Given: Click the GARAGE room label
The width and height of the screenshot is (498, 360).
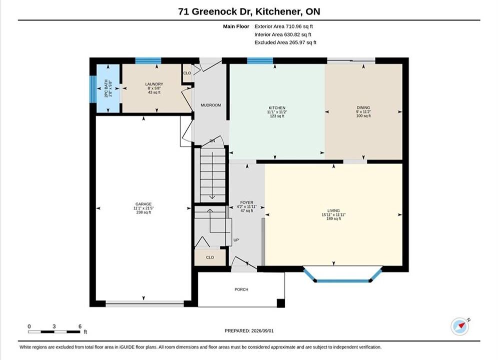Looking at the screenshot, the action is click(143, 204).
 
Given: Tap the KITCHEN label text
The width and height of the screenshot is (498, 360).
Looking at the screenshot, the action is click(277, 108).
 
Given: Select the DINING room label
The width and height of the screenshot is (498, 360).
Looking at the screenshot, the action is click(363, 107).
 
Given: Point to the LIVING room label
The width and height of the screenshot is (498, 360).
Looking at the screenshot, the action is click(333, 210).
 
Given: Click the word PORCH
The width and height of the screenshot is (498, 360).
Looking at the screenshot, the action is click(241, 289).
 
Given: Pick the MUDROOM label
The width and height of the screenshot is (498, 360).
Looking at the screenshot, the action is click(211, 105).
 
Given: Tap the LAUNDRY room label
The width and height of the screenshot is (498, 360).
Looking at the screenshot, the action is click(154, 84).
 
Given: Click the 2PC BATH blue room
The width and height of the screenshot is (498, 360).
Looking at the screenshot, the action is click(108, 88).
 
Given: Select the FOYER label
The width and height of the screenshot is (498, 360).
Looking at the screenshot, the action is click(247, 202).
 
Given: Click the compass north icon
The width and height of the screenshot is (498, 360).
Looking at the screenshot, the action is click(460, 326).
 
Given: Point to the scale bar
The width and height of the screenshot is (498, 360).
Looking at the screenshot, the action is click(54, 332).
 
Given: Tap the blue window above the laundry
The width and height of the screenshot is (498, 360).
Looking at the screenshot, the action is click(148, 60).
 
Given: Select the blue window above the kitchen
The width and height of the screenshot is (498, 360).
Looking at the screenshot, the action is click(260, 60).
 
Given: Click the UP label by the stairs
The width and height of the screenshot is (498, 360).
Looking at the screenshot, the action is click(236, 240).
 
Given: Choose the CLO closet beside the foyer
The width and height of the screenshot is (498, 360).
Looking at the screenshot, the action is click(210, 257).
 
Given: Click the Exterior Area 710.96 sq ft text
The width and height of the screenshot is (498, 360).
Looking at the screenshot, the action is click(284, 26).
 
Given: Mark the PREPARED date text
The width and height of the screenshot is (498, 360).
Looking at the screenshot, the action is click(249, 330).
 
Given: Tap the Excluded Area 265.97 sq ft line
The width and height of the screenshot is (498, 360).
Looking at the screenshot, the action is click(285, 42).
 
